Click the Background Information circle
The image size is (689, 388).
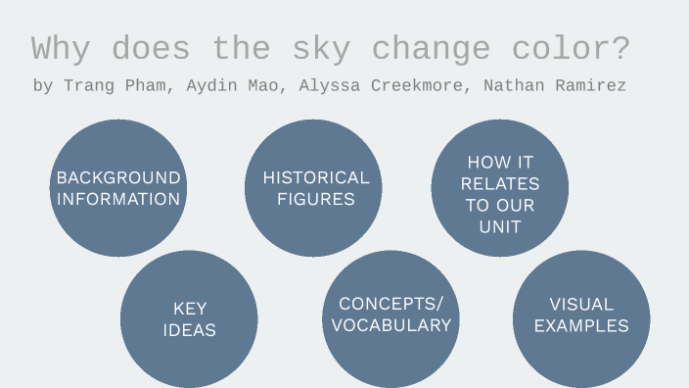coord(118,188)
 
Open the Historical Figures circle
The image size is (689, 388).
coord(314,188)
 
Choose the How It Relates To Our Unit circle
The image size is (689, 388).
coord(500,194)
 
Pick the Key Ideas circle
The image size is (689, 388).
coord(189,319)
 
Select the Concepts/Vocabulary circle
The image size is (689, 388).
coord(391,315)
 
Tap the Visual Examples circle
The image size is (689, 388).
coord(581,315)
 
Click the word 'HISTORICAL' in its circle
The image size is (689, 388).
coord(316,177)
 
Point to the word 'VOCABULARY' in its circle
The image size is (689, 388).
coord(391,325)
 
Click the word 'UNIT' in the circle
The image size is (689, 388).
coord(500,226)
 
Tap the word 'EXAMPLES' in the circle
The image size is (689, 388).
coord(581,326)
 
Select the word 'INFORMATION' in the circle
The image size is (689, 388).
coord(118,199)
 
